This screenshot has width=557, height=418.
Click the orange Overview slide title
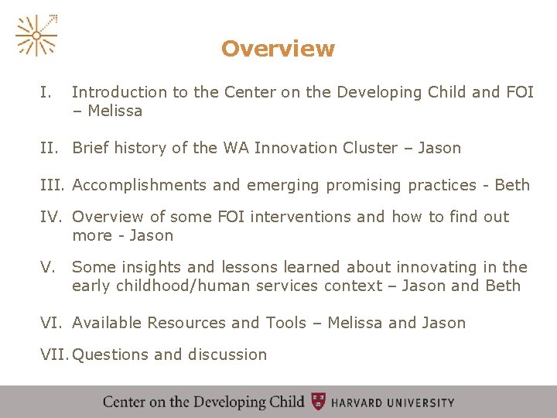point(278,49)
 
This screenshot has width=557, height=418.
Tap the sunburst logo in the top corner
point(36,36)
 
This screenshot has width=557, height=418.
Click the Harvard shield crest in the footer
point(318,402)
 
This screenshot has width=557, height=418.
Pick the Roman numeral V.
point(47,267)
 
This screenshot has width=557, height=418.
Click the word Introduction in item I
point(119,92)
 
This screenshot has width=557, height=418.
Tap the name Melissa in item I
point(115,111)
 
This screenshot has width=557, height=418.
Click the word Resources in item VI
point(185,323)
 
